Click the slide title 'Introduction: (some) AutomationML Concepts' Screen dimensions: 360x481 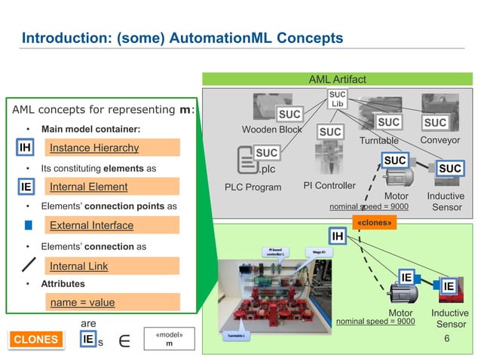pos(182,38)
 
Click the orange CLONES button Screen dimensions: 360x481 pos(35,340)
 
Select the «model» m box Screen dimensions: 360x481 pos(169,339)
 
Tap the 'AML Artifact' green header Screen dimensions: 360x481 pos(338,79)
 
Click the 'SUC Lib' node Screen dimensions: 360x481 pos(337,99)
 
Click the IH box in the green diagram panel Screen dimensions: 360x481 pos(338,237)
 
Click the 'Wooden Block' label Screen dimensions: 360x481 pos(271,130)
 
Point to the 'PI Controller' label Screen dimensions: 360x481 pos(328,185)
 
